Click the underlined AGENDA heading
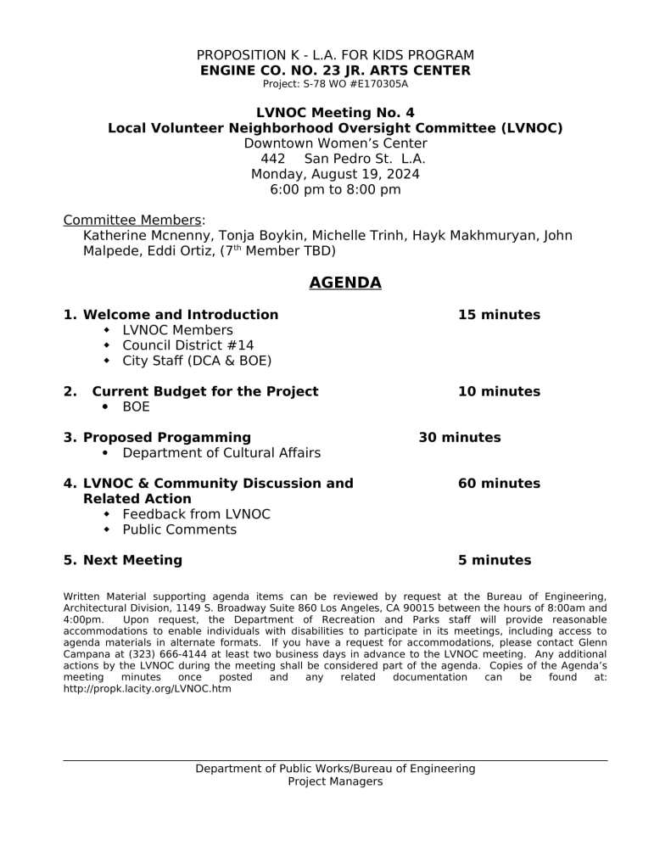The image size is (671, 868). coord(344,283)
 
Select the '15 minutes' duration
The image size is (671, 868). coord(499,315)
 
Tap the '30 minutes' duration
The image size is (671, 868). coord(459,438)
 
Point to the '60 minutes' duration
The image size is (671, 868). coord(499,484)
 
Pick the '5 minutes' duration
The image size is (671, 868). coord(495,560)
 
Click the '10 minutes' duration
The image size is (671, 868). coord(499,391)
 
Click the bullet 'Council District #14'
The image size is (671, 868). coord(187,345)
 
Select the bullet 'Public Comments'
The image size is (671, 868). coord(179,529)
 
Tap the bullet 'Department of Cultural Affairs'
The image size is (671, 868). coord(221,453)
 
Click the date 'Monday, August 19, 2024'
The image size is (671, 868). coord(335,174)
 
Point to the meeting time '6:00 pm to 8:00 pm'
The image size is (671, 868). coord(335,189)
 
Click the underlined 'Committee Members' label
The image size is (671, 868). coord(132,221)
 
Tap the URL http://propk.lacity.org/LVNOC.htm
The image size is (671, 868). coord(147,689)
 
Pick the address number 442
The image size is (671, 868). coord(272,159)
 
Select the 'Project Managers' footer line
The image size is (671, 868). coord(335,781)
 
